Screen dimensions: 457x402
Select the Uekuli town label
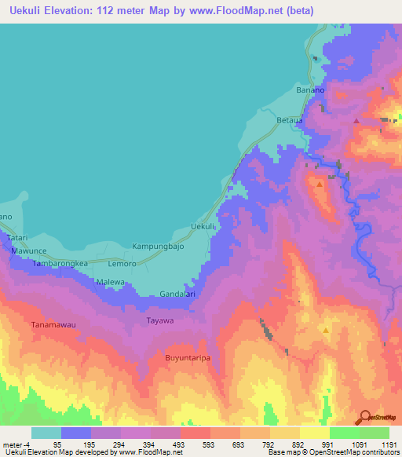(203, 227)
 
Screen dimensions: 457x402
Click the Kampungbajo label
(156, 246)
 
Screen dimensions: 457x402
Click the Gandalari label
(177, 294)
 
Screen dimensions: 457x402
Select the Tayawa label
(159, 321)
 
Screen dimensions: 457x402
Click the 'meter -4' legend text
(16, 444)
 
